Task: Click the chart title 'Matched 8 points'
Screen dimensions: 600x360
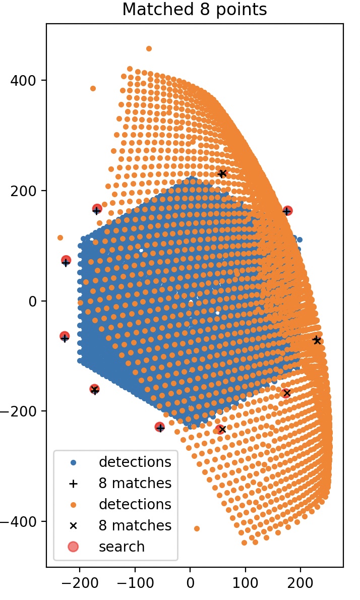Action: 194,10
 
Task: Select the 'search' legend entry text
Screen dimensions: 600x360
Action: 122,547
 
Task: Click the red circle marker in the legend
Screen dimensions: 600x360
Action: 73,547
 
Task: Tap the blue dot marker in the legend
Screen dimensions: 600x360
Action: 73,462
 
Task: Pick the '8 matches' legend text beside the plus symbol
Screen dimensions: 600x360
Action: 135,483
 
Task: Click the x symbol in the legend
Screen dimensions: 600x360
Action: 73,525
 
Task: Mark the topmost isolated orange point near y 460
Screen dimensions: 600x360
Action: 149,48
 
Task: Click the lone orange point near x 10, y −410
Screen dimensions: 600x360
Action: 197,528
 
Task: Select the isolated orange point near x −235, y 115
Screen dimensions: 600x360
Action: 60,237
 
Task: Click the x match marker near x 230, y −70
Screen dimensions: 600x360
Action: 317,340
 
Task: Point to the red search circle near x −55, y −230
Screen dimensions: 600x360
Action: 160,427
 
